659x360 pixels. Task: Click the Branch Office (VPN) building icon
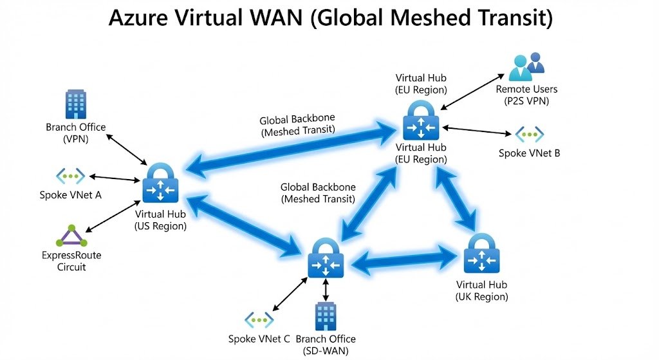pos(75,104)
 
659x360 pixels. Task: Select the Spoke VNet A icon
pos(70,176)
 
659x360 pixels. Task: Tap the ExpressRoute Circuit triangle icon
pos(71,236)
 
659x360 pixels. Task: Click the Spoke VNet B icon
pos(530,135)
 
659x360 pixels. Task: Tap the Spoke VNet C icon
pos(259,320)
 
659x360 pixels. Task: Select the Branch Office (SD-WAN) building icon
pos(326,316)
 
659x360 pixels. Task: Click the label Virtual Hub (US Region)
pos(160,220)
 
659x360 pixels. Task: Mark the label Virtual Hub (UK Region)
pos(481,290)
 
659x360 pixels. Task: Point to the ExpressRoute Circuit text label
pos(71,261)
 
